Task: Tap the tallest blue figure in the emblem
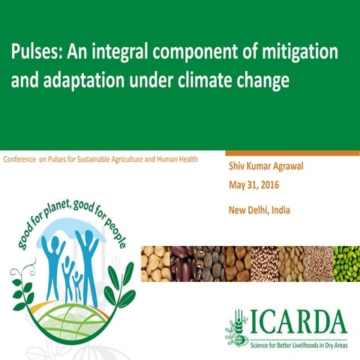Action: pos(89,259)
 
